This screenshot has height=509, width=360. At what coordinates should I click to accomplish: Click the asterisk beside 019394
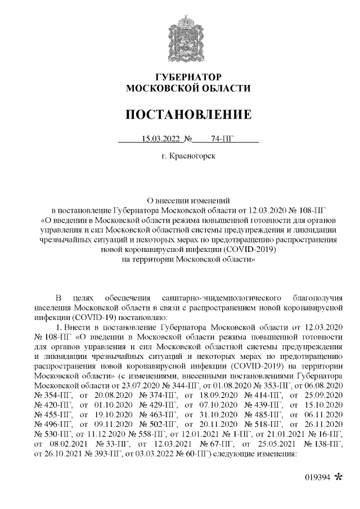pos(338,477)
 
